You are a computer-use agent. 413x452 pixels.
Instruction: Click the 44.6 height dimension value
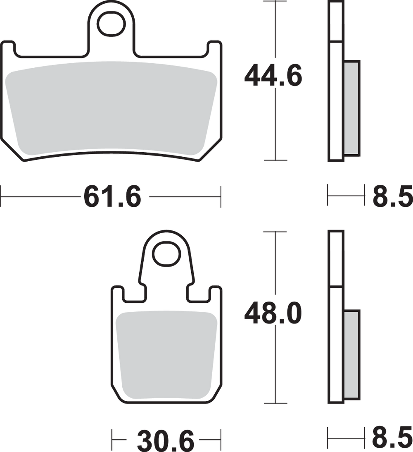pos(273,76)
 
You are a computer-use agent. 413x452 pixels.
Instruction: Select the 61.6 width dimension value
pos(112,197)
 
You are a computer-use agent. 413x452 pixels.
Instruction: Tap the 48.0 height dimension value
pos(273,313)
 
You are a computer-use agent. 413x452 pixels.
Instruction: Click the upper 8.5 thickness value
pos(393,196)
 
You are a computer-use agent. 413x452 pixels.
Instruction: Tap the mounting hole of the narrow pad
pos(166,254)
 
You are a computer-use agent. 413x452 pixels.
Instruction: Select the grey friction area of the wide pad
pos(111,108)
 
